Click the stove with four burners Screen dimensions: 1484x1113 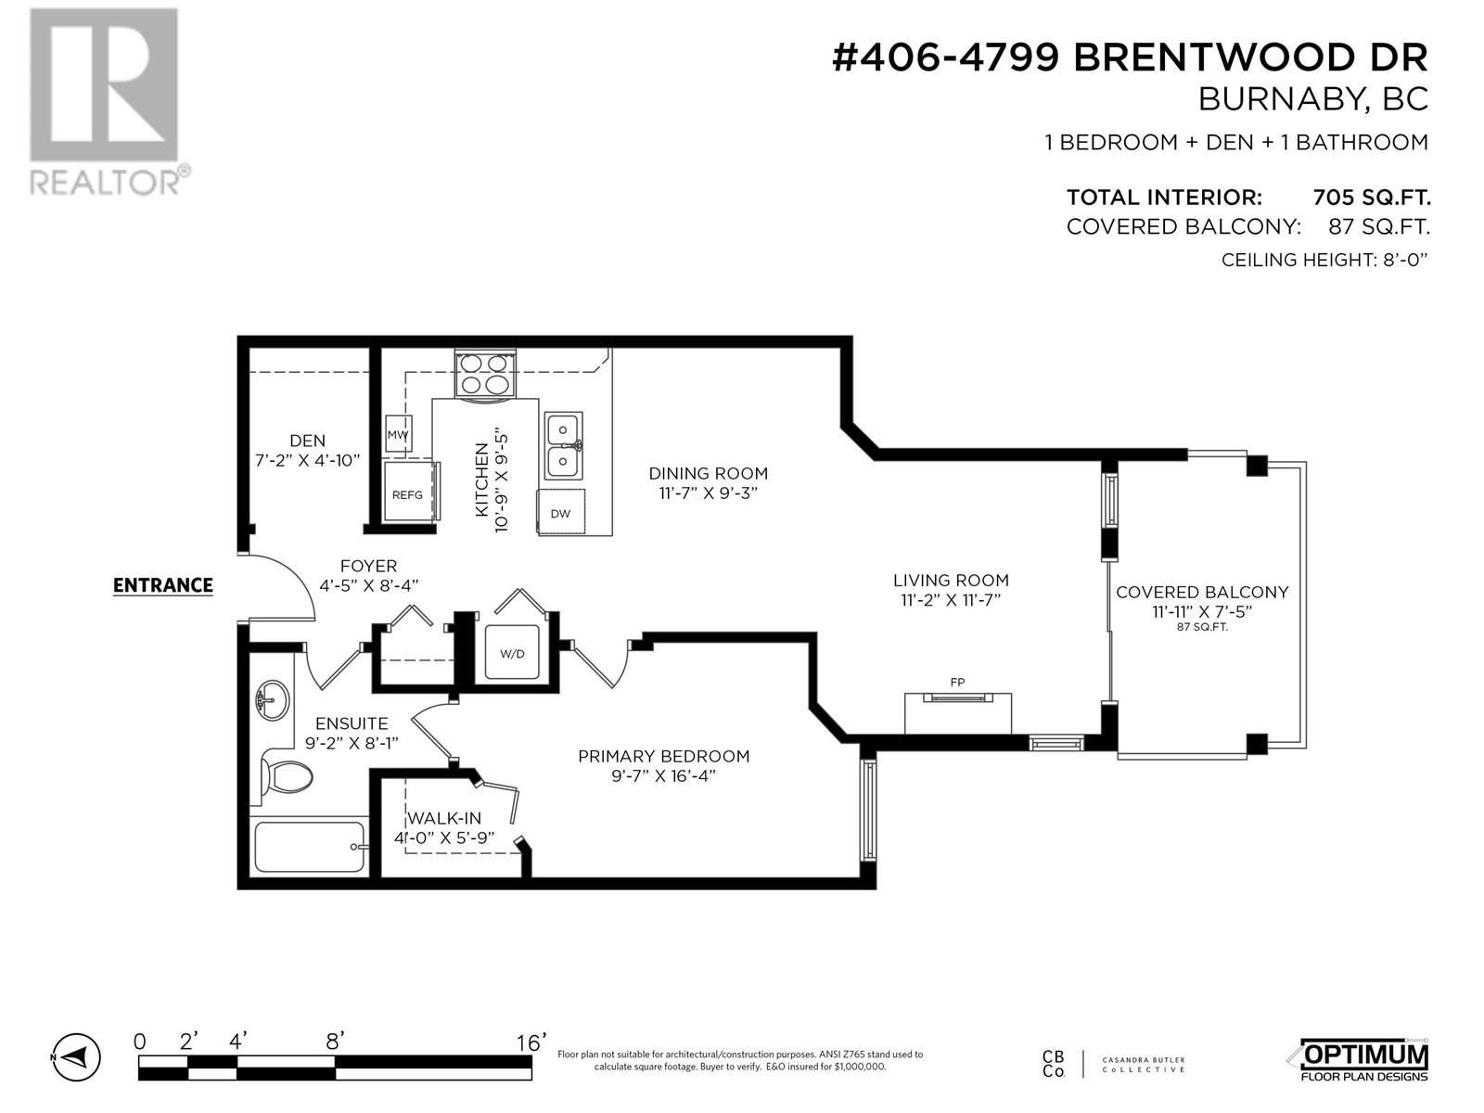click(484, 375)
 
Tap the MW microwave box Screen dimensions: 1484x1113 click(398, 434)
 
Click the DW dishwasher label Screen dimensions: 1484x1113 click(560, 514)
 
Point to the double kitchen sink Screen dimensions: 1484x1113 click(563, 445)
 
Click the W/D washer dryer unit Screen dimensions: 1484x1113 click(512, 653)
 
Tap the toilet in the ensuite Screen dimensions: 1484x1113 click(288, 777)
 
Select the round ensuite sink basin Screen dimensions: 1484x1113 click(273, 698)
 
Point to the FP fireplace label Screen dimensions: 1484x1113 click(957, 683)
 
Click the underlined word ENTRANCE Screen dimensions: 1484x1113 click(163, 585)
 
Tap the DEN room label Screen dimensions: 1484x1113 click(308, 441)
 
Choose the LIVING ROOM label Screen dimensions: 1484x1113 click(951, 580)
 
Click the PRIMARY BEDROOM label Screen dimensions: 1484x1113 click(664, 756)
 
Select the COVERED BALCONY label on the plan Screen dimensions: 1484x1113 click(1202, 592)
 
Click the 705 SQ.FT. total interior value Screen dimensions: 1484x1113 click(1371, 198)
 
